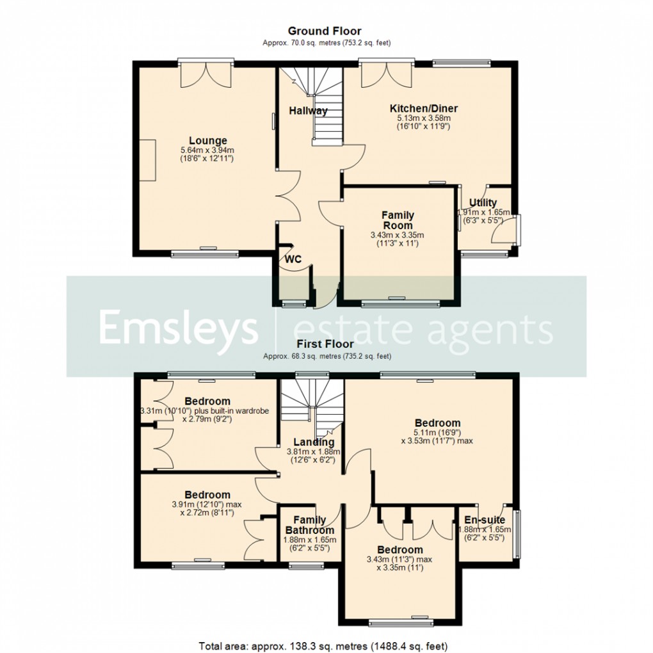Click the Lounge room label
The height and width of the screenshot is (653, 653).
click(x=207, y=141)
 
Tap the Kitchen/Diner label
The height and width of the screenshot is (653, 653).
click(x=424, y=108)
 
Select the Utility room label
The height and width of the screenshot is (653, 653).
click(x=483, y=203)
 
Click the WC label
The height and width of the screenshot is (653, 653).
click(x=293, y=259)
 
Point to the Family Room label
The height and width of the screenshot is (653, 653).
click(x=398, y=220)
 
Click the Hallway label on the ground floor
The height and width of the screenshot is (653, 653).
click(x=308, y=111)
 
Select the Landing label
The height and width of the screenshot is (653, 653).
click(x=314, y=442)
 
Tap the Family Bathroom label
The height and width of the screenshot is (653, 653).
click(x=309, y=525)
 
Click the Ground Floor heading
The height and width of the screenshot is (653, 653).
click(x=325, y=31)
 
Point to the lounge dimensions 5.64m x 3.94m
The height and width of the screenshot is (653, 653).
click(x=207, y=150)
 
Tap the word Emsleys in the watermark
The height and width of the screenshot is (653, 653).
click(x=178, y=329)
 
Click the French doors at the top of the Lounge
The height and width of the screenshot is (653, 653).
click(x=205, y=76)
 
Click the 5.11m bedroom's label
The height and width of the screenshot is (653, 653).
click(x=437, y=423)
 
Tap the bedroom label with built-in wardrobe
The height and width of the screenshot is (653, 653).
click(x=207, y=401)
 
